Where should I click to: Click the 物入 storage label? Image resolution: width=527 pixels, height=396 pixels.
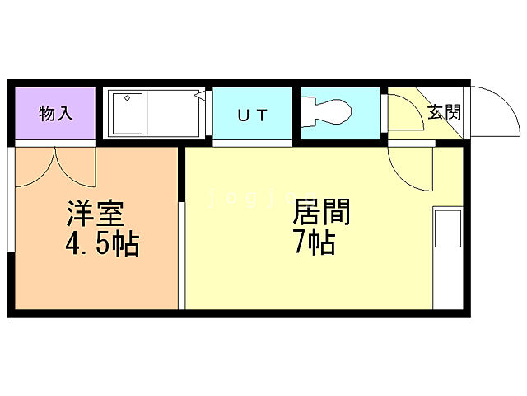click(x=55, y=114)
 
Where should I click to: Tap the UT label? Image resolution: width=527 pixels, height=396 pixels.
click(x=252, y=115)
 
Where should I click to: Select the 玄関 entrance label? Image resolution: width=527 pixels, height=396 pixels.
click(x=444, y=112)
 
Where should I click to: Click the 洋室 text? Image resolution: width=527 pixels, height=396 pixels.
click(x=96, y=214)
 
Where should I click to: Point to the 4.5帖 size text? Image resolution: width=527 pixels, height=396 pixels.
click(x=100, y=245)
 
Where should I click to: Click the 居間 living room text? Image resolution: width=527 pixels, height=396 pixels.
click(x=322, y=212)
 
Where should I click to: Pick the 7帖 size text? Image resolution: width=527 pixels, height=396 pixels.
click(x=315, y=243)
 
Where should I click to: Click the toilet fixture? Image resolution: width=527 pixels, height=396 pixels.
click(x=328, y=112)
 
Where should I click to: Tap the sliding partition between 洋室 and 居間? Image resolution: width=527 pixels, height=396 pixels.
click(x=182, y=239)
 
